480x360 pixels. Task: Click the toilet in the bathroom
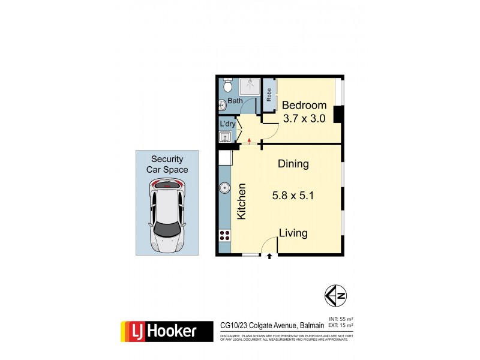(227, 85)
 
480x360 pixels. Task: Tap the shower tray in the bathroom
(249, 87)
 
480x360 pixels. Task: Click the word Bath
(235, 101)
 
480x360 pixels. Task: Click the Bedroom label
(304, 105)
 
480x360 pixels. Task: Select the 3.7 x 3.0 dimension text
(304, 118)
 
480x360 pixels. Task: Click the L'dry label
(227, 124)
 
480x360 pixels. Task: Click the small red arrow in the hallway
(248, 142)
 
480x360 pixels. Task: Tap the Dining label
(293, 163)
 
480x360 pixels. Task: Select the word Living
(293, 233)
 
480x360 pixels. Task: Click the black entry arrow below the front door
(269, 256)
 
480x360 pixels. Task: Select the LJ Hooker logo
(166, 331)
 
